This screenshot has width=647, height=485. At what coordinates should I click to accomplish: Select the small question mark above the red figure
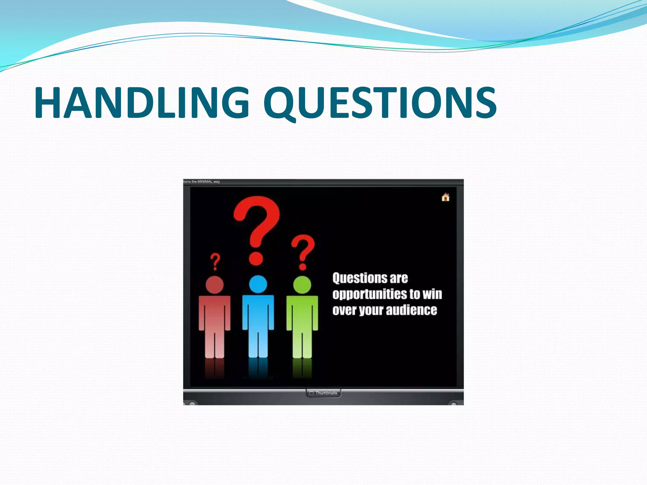pos(215,261)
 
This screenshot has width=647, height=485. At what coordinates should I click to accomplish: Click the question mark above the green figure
pos(303,251)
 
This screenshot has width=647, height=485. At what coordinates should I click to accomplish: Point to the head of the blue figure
pos(258,284)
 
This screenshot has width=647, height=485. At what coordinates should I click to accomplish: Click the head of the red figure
pos(215,285)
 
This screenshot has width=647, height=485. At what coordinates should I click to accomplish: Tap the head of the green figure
pos(302,285)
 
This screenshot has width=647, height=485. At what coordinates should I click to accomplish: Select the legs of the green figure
pos(302,344)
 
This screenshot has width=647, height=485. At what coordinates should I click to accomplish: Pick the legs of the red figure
pos(215,344)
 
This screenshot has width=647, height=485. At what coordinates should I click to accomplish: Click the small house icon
pos(445,197)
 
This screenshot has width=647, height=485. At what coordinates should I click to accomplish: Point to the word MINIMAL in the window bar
pos(205,182)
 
